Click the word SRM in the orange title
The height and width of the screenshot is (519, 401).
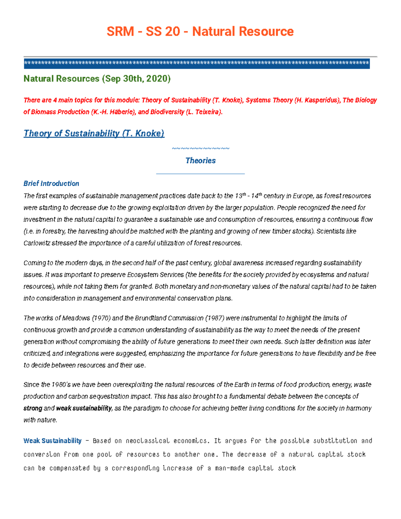pos(120,31)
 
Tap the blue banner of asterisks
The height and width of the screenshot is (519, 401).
pos(196,63)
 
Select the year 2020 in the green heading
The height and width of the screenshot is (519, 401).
pos(157,79)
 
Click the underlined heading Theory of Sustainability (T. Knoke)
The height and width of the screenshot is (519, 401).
pos(94,133)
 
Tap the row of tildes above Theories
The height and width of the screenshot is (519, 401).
pos(200,148)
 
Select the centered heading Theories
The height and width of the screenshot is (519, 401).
pos(200,161)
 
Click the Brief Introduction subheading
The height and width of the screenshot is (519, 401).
pos(51,183)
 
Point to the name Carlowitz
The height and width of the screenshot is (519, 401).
pos(36,243)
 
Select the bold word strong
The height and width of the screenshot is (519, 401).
pos(33,408)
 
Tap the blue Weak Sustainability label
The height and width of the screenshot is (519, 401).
pos(52,441)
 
